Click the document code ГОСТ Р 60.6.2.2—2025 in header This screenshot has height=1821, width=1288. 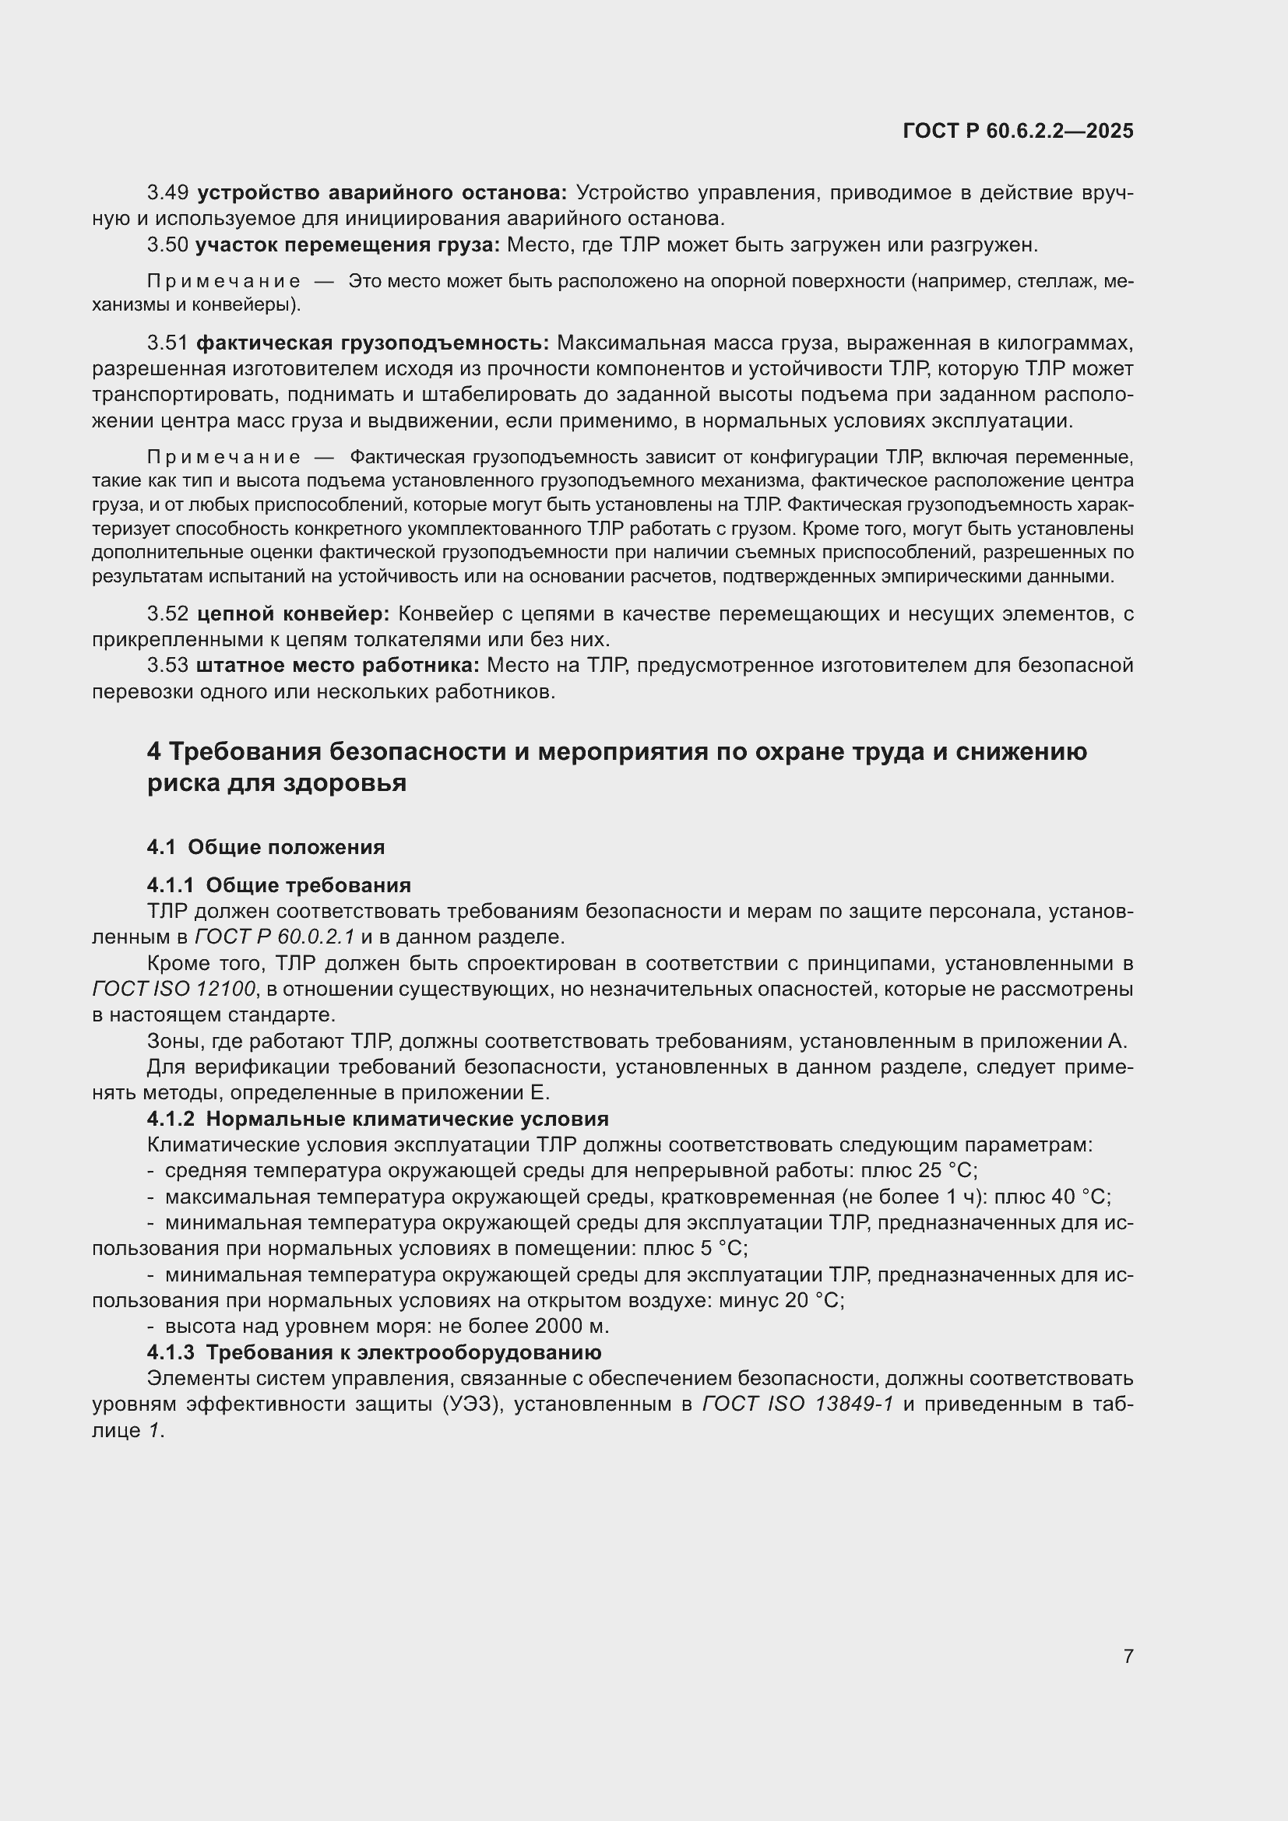pos(1018,132)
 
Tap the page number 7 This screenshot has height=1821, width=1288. pos(1128,1656)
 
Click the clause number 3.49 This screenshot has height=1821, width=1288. pos(167,193)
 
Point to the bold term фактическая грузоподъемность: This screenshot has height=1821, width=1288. pos(372,343)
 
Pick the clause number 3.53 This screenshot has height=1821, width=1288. pos(167,666)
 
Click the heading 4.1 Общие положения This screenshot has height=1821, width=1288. pos(266,847)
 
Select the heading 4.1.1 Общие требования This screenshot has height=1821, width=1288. pos(278,885)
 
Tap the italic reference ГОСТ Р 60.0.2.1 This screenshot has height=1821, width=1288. pos(274,937)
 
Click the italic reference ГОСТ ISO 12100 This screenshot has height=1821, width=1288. pos(174,989)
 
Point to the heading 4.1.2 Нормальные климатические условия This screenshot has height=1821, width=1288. pos(378,1119)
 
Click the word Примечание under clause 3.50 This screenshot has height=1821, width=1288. pos(223,282)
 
